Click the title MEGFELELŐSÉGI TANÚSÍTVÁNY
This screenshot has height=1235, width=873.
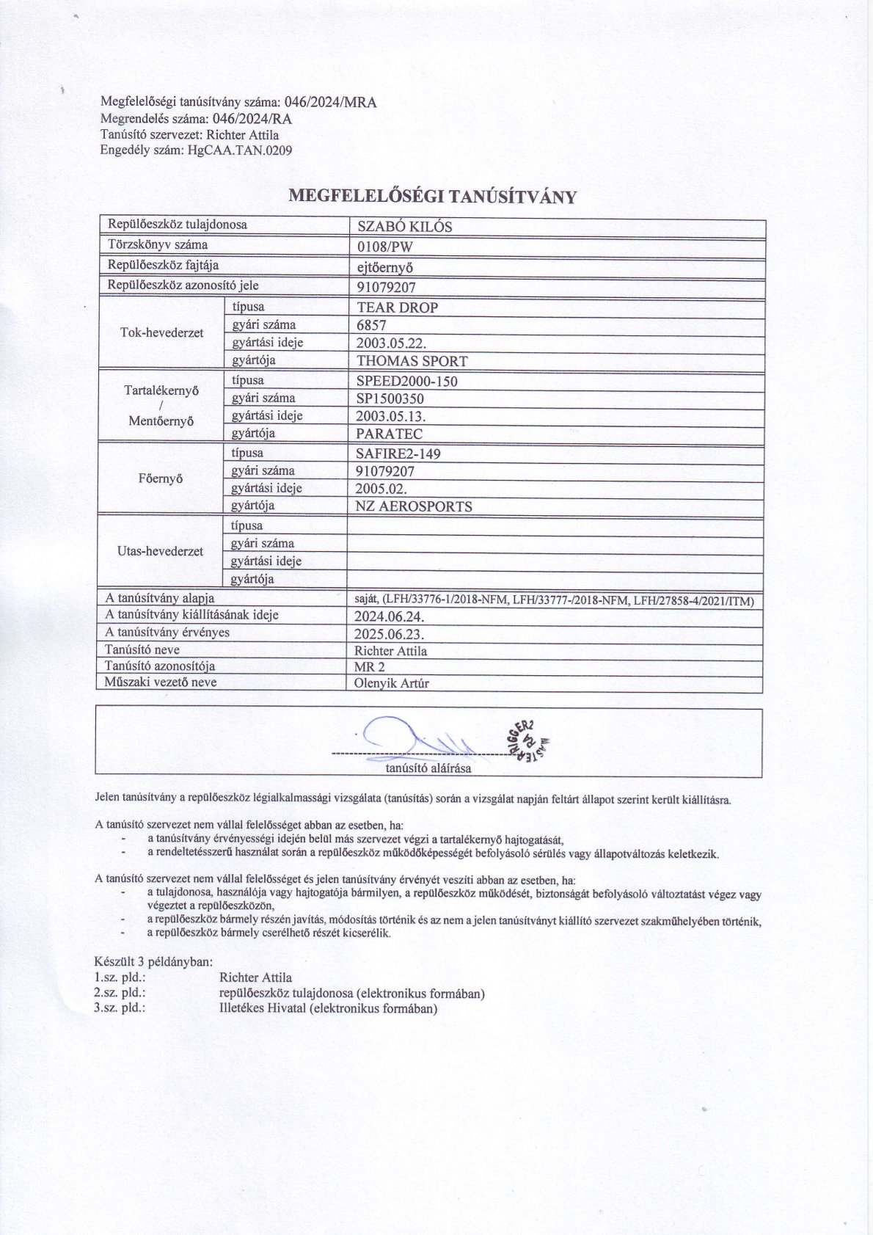pos(433,196)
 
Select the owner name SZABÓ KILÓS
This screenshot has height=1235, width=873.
pos(404,227)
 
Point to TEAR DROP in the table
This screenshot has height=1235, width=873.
pos(397,307)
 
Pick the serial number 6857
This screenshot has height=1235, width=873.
pos(371,325)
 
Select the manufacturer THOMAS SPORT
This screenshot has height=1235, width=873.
pos(412,361)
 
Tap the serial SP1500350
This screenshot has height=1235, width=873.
pos(390,399)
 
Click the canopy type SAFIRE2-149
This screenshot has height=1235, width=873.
pos(398,453)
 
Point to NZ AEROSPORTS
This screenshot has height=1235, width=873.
pos(414,506)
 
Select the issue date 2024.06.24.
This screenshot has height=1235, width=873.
pos(389,616)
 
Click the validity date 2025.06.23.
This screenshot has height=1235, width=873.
pos(389,634)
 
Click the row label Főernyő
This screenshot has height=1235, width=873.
pos(160,479)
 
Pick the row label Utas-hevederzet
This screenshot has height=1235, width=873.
pos(160,552)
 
